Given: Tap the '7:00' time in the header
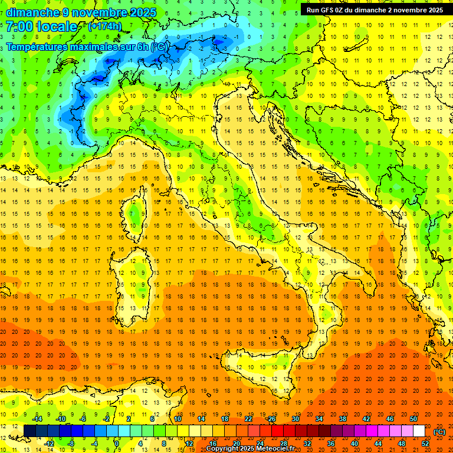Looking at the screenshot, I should click(x=19, y=27).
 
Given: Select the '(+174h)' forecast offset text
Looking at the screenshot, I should click(x=104, y=27).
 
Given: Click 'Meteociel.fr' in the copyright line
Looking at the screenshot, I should click(x=275, y=449).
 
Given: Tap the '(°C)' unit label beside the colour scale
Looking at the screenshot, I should click(x=439, y=431).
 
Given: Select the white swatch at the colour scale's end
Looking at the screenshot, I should click(x=419, y=431).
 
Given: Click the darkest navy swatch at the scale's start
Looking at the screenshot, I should click(x=29, y=431).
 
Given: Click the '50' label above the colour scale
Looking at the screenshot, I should click(x=413, y=419).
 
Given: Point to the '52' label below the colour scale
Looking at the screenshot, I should click(x=425, y=443).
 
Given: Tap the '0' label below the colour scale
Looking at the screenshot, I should click(x=117, y=443).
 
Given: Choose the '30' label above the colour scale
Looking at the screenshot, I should click(x=296, y=419).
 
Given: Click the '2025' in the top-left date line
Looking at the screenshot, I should click(x=142, y=12).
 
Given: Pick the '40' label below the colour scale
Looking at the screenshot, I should click(x=354, y=443).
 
